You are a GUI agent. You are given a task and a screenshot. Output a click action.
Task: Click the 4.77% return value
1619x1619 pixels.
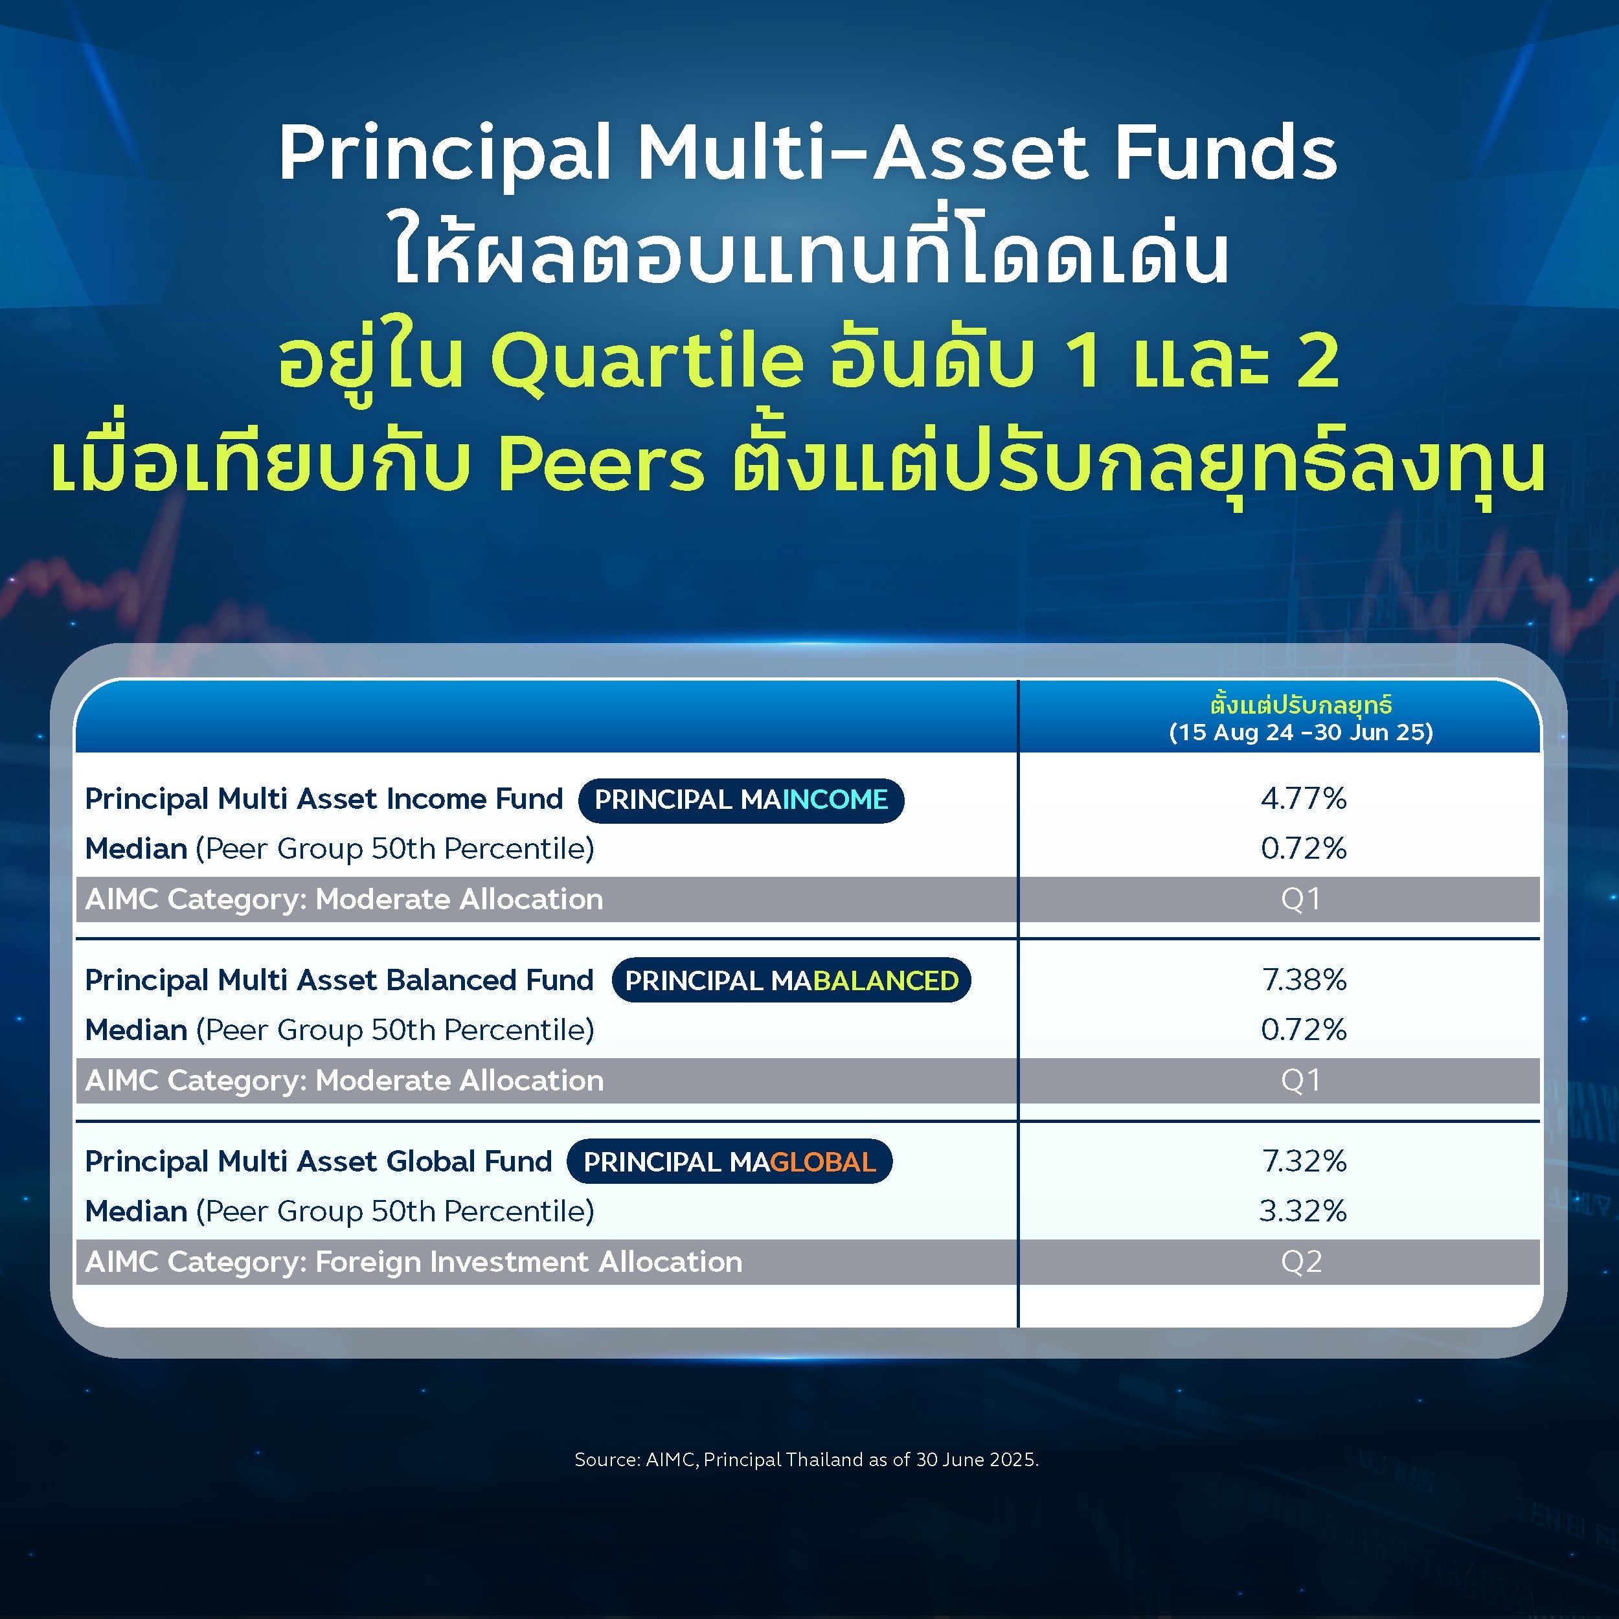coord(1303,798)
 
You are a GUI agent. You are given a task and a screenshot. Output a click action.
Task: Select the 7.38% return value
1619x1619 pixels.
coord(1304,980)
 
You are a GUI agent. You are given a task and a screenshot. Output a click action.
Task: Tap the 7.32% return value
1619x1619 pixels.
coord(1304,1161)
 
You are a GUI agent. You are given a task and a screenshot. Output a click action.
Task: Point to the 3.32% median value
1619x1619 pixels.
coord(1303,1211)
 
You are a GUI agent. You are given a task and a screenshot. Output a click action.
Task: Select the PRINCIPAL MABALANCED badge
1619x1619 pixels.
coord(791,980)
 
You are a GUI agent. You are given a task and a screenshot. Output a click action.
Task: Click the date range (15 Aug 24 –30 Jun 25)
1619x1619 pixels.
coord(1300,732)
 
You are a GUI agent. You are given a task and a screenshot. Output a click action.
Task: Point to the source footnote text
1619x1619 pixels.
coord(806,1460)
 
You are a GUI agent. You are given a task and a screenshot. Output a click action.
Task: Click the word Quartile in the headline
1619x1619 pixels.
coord(646,361)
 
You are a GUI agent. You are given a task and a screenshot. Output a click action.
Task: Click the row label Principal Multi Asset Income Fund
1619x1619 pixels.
coord(323,798)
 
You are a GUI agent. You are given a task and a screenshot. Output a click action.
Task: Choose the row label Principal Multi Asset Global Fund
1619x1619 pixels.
coord(319,1161)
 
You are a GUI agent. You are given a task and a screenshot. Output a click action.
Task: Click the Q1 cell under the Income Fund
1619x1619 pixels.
coord(1300,899)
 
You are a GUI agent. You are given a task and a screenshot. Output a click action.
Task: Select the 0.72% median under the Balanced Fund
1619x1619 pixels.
coord(1303,1030)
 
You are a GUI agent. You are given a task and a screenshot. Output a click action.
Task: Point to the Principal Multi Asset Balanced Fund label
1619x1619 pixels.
coord(339,980)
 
